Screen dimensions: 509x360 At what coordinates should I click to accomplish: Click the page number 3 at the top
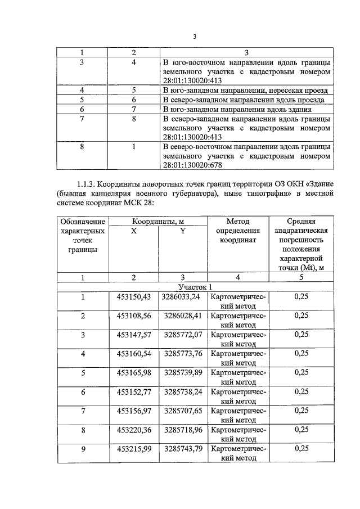[193, 37]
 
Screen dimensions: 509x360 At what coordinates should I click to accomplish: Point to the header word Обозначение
[83, 222]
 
